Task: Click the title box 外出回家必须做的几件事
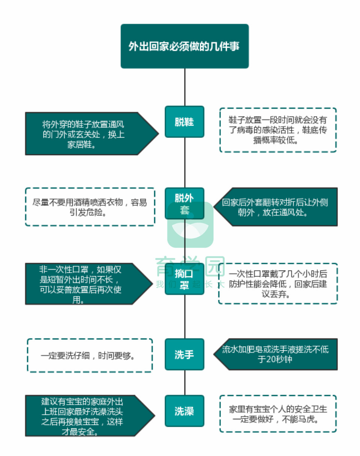[184, 46]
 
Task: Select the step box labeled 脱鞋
[184, 122]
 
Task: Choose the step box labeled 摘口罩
[184, 279]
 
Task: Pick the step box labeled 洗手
[184, 354]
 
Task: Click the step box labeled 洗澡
[184, 411]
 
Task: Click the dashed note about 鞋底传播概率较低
[277, 130]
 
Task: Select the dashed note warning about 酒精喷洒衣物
[90, 207]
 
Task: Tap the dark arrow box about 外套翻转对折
[277, 207]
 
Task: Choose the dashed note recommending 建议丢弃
[278, 283]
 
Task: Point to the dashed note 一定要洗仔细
[90, 355]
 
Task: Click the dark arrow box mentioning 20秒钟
[277, 354]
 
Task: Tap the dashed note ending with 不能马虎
[278, 414]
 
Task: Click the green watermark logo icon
[190, 225]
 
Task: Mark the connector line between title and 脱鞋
[184, 87]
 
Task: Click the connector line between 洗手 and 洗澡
[184, 383]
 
